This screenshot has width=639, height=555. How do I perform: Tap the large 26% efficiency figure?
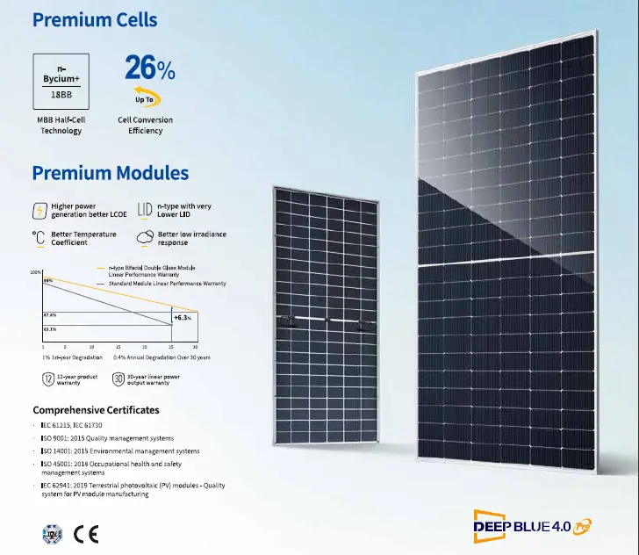point(148,68)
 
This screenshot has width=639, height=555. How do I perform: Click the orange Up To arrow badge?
point(145,97)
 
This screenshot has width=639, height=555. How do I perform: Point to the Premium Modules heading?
point(110,173)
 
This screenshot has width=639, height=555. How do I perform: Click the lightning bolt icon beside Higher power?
point(39,211)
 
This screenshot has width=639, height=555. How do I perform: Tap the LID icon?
point(145,211)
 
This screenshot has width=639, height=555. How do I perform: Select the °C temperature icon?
point(39,238)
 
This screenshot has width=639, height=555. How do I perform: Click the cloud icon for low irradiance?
point(145,238)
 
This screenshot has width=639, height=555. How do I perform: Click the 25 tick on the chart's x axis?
point(171,347)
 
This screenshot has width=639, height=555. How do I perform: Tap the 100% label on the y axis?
point(36,272)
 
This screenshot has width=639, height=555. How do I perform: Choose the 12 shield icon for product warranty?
point(47,379)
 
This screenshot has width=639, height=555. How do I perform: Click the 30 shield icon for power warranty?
point(118,379)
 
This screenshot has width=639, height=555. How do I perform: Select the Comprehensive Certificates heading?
point(96,410)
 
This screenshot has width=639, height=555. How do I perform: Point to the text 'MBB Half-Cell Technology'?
point(61,126)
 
